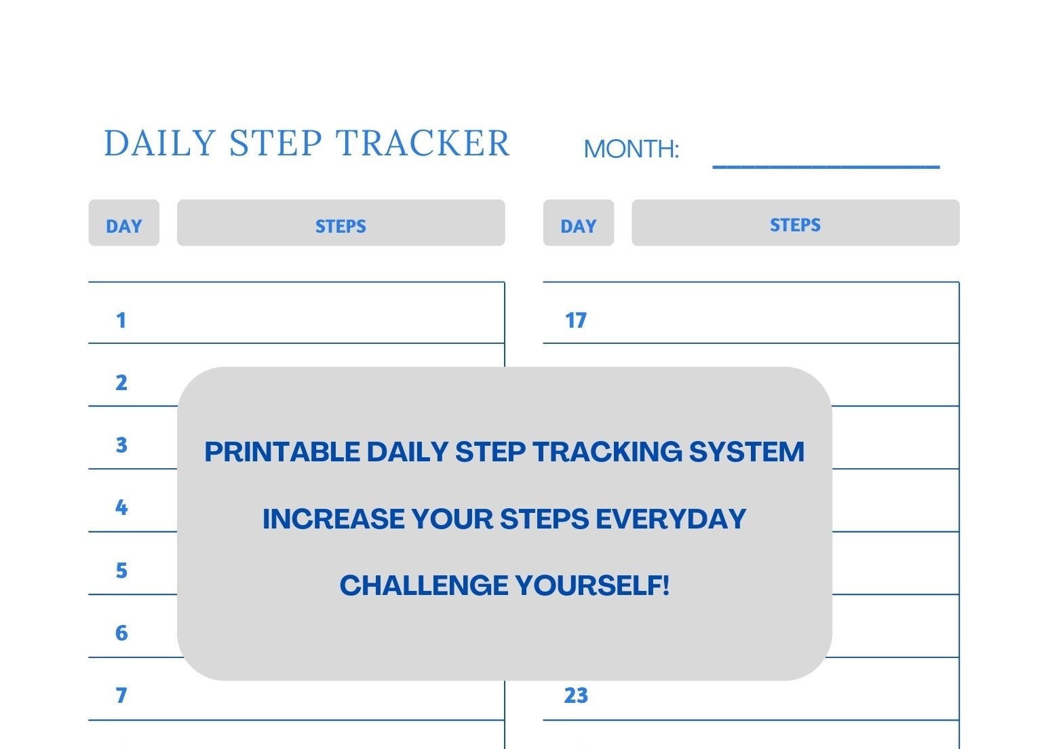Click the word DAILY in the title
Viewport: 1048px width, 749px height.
(x=159, y=144)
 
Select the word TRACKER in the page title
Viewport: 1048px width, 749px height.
(x=423, y=144)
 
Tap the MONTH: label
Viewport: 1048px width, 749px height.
(x=631, y=149)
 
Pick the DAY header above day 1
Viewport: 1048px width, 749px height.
(x=123, y=226)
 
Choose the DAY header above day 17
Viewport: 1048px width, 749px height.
(x=578, y=226)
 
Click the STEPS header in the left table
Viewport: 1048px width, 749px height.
(x=341, y=226)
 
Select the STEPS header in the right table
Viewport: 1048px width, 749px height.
(x=795, y=225)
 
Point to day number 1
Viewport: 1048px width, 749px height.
(x=121, y=320)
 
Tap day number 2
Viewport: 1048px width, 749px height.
(x=121, y=383)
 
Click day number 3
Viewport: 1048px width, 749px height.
(x=121, y=445)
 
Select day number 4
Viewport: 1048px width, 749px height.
(x=121, y=507)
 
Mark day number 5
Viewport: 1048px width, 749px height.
(x=121, y=571)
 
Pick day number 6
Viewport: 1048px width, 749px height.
(x=121, y=633)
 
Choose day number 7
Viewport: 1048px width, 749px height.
(x=121, y=695)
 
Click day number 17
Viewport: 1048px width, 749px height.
(x=575, y=320)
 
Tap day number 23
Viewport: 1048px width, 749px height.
(x=575, y=695)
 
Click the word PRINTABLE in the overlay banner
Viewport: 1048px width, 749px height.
(x=282, y=452)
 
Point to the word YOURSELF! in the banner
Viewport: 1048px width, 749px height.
(x=591, y=585)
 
